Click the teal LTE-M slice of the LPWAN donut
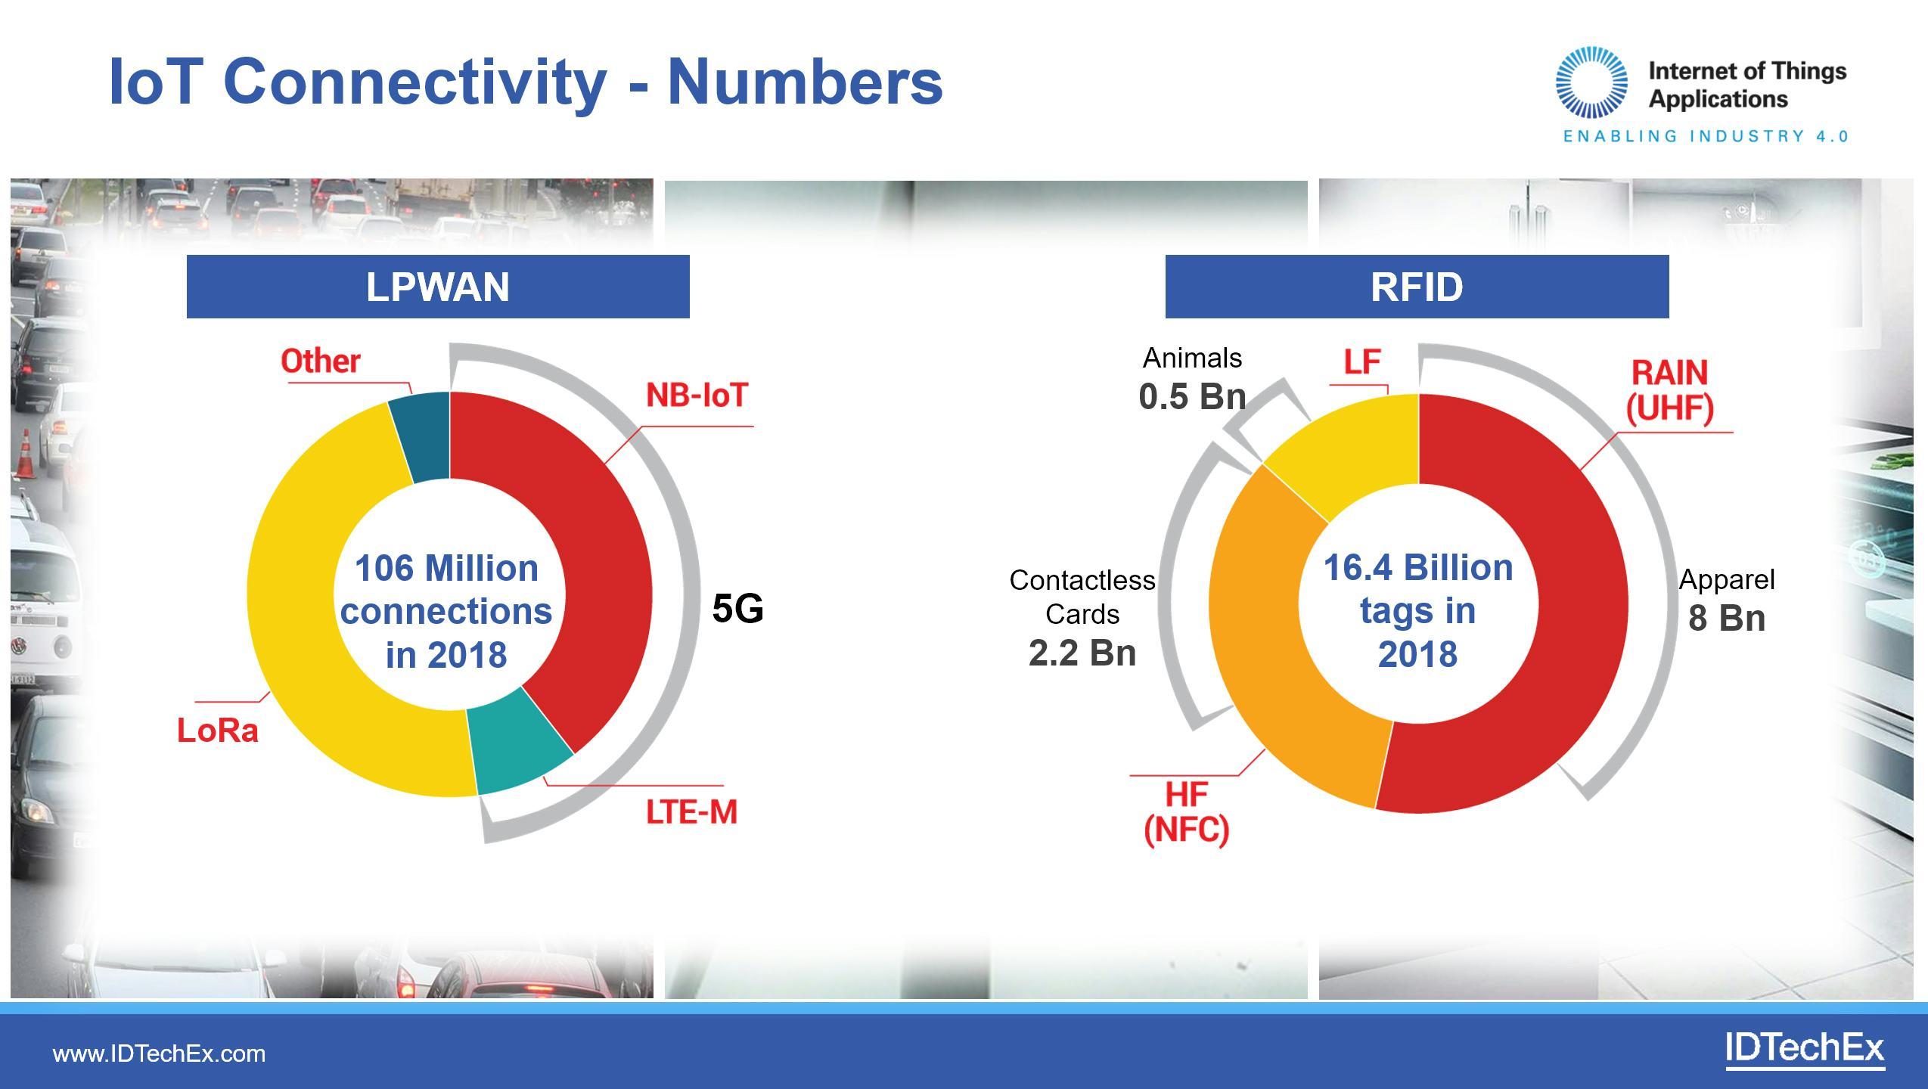click(517, 745)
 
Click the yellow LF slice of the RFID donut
click(1354, 454)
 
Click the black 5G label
click(737, 609)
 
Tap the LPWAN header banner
click(438, 287)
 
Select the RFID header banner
click(1417, 287)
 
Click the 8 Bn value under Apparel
click(1727, 619)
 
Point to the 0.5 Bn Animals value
click(1192, 397)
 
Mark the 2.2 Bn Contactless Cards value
click(1082, 653)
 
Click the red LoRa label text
click(218, 731)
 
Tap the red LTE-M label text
click(691, 812)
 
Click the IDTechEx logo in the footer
click(1804, 1050)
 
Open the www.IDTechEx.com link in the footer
click(159, 1053)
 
